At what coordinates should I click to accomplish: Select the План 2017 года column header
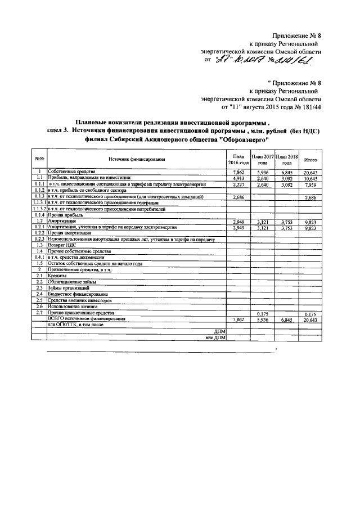coord(262,159)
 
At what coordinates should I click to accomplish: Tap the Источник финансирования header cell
coord(137,160)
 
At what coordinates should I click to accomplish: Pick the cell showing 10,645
coord(310,178)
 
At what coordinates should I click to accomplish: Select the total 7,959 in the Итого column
coord(310,184)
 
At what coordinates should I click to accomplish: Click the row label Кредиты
coord(57,276)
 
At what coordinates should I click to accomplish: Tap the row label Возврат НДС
coord(62,245)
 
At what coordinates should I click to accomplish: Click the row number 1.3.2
coord(39,209)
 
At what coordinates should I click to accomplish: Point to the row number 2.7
coord(39,312)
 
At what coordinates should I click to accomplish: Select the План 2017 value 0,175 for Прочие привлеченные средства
coord(262,313)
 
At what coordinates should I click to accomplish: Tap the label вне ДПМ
coord(215,337)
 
